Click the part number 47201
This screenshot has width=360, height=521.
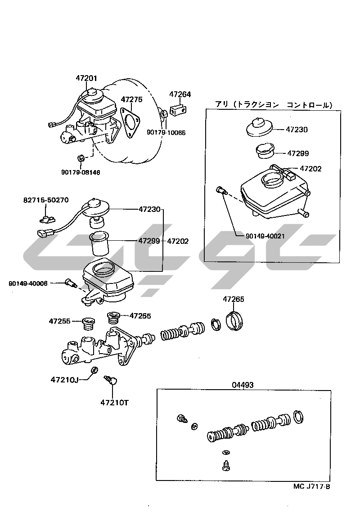point(86,78)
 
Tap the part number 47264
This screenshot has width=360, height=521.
point(180,94)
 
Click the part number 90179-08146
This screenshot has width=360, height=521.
point(81,172)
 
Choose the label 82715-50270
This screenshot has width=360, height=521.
point(46,200)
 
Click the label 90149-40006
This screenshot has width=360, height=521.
point(28,283)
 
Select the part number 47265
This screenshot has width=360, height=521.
point(233,299)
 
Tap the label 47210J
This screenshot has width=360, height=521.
point(65,380)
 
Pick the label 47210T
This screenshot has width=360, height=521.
point(114,402)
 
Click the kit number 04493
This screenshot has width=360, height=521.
point(243,385)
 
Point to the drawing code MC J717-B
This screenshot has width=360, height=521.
point(311,486)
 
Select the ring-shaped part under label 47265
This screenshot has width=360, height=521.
point(234,320)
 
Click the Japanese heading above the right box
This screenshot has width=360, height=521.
point(274,105)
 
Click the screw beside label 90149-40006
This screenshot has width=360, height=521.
point(70,283)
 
